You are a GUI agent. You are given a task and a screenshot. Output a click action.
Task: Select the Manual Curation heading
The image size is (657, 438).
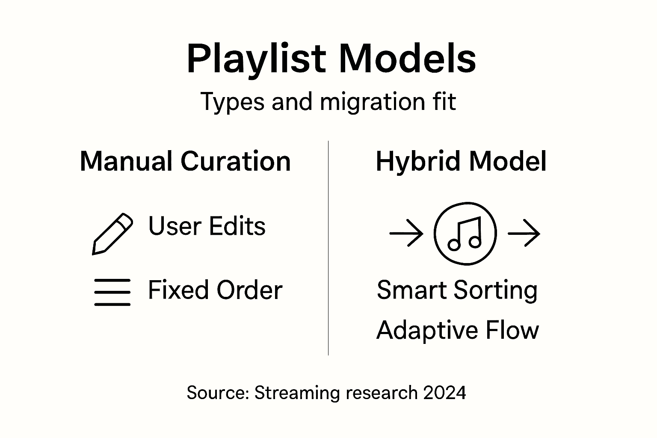coord(185,161)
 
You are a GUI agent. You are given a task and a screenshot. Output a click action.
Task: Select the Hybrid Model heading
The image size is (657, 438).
coord(461,162)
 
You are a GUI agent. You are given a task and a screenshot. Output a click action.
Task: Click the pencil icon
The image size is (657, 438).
coord(112,234)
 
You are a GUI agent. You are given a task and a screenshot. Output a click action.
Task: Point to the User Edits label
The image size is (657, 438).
coord(207,226)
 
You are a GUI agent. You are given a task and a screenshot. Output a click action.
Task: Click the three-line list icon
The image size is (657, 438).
coord(112,292)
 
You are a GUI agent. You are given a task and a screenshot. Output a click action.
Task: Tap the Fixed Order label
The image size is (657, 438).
coord(215,290)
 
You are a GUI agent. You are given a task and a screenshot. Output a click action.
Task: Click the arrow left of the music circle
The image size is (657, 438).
coord(406,234)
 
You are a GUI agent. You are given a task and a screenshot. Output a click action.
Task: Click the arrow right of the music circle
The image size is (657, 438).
coord(524,234)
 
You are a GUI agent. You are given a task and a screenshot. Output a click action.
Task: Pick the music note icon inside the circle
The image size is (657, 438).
coord(465,234)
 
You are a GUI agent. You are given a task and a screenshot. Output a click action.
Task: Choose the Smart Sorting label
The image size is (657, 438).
coord(457,290)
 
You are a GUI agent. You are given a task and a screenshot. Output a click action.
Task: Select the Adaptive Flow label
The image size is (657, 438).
coord(457,330)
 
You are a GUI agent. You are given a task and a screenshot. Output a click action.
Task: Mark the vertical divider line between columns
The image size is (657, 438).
coord(328,248)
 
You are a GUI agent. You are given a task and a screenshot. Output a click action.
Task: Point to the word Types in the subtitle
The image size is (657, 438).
coord(232,103)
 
